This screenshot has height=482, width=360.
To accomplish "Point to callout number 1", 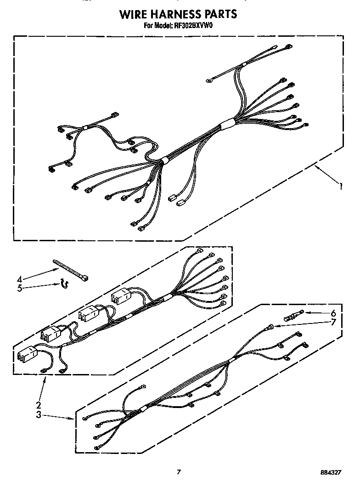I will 341,186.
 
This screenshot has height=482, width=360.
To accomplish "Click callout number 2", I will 39,405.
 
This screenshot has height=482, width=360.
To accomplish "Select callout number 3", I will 39,414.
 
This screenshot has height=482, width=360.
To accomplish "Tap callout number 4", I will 19,278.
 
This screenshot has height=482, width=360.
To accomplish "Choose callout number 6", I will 333,313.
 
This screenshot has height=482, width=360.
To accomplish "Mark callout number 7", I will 333,322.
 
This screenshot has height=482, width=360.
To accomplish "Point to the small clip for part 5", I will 64,285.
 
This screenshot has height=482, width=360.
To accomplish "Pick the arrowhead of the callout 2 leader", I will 45,377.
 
